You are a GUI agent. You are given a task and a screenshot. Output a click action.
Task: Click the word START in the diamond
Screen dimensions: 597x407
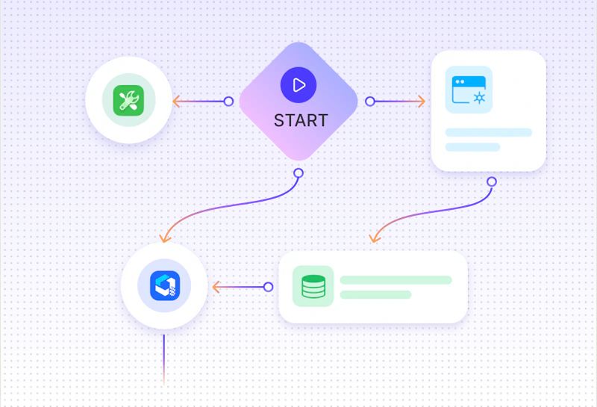(x=301, y=120)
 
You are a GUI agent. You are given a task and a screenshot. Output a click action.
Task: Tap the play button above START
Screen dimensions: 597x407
(x=298, y=85)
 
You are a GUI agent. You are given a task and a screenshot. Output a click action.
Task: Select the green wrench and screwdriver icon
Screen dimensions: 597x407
(x=128, y=101)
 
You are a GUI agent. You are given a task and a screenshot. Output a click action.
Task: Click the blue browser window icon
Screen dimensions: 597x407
(x=469, y=90)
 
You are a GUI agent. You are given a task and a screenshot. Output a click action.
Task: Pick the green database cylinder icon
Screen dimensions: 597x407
(x=313, y=286)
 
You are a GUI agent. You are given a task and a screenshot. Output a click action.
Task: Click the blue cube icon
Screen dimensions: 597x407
(x=165, y=286)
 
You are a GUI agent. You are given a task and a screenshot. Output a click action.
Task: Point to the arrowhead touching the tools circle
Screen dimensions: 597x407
(x=176, y=102)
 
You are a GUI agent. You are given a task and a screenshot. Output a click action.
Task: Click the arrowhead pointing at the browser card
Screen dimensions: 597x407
(x=421, y=102)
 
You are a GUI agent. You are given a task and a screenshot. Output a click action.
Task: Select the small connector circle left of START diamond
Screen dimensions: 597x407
(x=228, y=102)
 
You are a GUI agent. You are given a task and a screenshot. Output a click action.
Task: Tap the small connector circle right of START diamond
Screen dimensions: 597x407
(x=369, y=102)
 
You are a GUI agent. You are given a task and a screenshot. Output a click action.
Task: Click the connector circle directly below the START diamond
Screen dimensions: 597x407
(x=298, y=173)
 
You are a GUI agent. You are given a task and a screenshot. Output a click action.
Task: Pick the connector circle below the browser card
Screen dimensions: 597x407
(x=492, y=181)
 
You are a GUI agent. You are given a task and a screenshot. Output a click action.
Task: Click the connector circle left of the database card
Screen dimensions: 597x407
(x=268, y=287)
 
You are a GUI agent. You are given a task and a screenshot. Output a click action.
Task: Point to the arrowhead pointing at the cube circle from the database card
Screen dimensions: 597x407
(x=216, y=287)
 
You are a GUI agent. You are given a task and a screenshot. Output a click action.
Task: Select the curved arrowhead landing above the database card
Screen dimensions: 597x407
(x=375, y=237)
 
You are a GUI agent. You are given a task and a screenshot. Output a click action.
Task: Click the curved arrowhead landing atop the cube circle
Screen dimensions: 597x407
(x=164, y=237)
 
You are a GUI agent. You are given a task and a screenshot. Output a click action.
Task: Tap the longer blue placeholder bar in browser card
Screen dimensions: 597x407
(x=489, y=133)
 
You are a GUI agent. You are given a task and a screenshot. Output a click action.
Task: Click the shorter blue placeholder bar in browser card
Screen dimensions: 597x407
(x=472, y=147)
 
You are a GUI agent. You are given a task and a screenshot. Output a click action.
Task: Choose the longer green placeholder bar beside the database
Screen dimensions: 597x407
(x=396, y=280)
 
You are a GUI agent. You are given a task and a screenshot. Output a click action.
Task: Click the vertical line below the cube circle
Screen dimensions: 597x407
(x=164, y=360)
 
